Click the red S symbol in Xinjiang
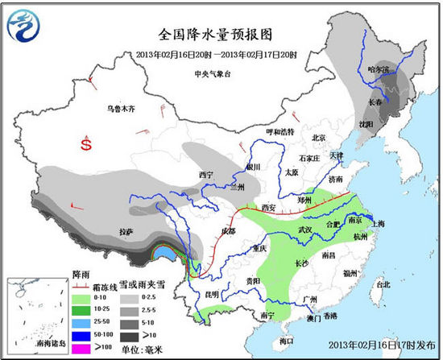(86, 144)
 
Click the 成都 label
(229, 231)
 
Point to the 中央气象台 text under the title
(212, 73)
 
